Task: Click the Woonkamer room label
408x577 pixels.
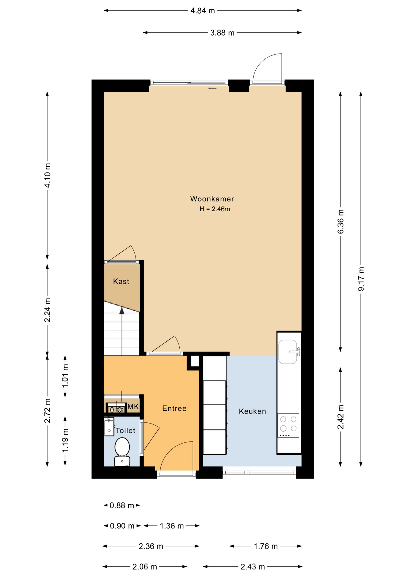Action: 212,199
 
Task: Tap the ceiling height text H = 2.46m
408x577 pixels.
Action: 215,209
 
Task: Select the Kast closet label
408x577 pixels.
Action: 121,282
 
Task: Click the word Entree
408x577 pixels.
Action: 174,408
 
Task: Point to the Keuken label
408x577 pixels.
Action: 252,411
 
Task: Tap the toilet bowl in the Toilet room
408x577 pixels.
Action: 122,447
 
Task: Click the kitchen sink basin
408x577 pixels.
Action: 288,352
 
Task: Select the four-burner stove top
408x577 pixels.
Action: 288,425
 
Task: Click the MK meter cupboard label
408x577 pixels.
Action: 133,407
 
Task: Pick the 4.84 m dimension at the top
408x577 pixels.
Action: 202,11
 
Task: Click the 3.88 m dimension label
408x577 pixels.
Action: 222,33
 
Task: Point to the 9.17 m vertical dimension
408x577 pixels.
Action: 361,279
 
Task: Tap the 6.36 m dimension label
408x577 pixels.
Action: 340,222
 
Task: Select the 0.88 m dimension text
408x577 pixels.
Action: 122,505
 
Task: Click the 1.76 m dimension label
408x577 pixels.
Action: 266,546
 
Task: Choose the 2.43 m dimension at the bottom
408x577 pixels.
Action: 252,567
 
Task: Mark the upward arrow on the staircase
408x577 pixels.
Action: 122,311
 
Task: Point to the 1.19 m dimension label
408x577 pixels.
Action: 65,440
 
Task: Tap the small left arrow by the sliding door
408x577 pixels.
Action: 212,88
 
